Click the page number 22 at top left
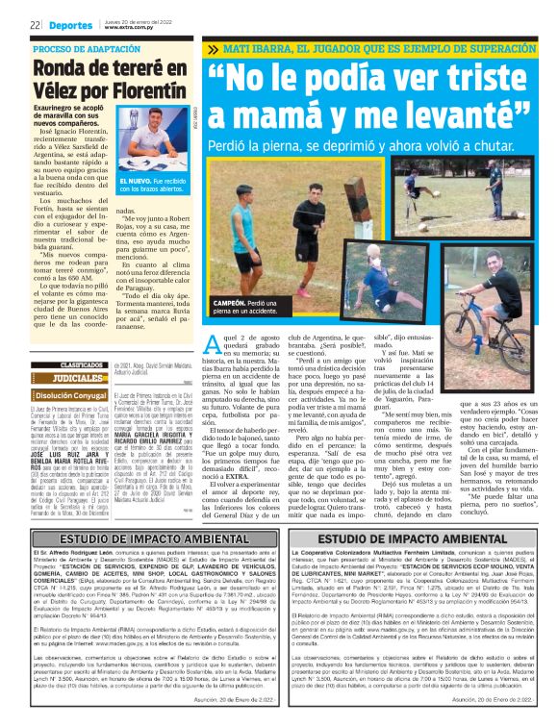pos(35,22)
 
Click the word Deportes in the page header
pos(72,22)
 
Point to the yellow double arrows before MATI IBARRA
pos(213,48)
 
